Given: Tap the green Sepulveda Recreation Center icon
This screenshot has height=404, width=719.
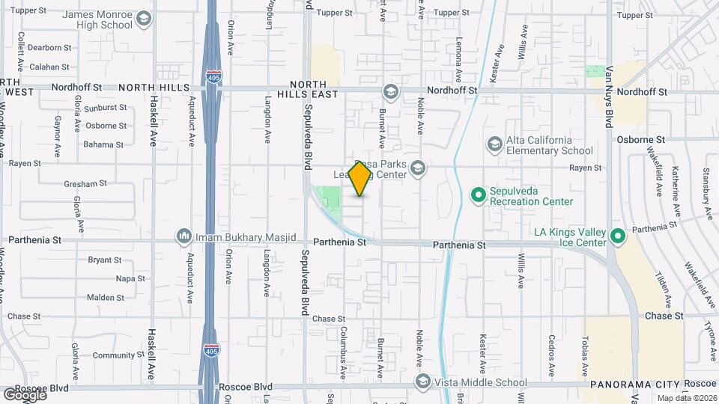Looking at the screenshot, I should [x=479, y=195].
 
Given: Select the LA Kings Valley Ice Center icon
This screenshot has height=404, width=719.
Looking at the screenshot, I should [x=617, y=236].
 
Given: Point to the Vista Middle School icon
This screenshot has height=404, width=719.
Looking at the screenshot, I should [x=423, y=382].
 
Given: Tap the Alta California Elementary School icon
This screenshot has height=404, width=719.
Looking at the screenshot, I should [x=494, y=144].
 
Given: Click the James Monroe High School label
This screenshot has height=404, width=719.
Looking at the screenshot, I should [x=97, y=19].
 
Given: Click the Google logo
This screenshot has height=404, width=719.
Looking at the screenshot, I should [x=24, y=394].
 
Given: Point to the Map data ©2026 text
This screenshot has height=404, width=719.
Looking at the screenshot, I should [x=687, y=398].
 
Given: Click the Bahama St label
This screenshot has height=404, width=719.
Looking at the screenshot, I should [x=103, y=144].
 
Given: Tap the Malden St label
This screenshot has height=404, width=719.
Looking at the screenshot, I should [x=105, y=297].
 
